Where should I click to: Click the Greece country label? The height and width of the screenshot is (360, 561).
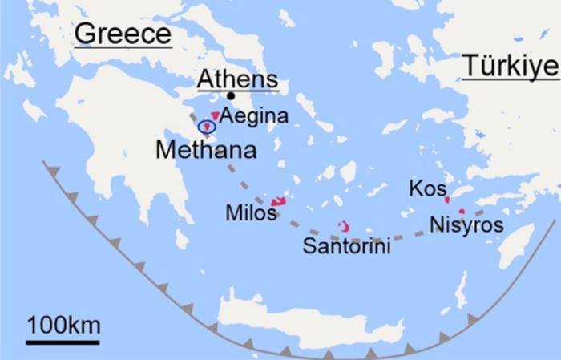coord(122,34)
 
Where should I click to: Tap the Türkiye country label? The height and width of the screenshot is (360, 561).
coord(510,67)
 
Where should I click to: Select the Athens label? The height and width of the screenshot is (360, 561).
coord(237,79)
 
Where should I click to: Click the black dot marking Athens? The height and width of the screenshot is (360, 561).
coord(231,95)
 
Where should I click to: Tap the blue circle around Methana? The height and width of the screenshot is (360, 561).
coord(208,127)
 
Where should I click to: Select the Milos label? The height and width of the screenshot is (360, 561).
coord(251,214)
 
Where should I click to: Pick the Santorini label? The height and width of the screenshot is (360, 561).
coord(346,246)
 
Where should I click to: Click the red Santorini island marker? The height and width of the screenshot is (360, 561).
coord(344,227)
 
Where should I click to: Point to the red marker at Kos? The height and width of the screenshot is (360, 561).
coord(447,200)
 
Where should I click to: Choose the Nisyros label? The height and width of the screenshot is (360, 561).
coord(466,225)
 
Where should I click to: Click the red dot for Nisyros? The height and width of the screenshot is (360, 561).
coord(462,212)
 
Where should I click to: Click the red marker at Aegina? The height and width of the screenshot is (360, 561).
coord(215,116)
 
